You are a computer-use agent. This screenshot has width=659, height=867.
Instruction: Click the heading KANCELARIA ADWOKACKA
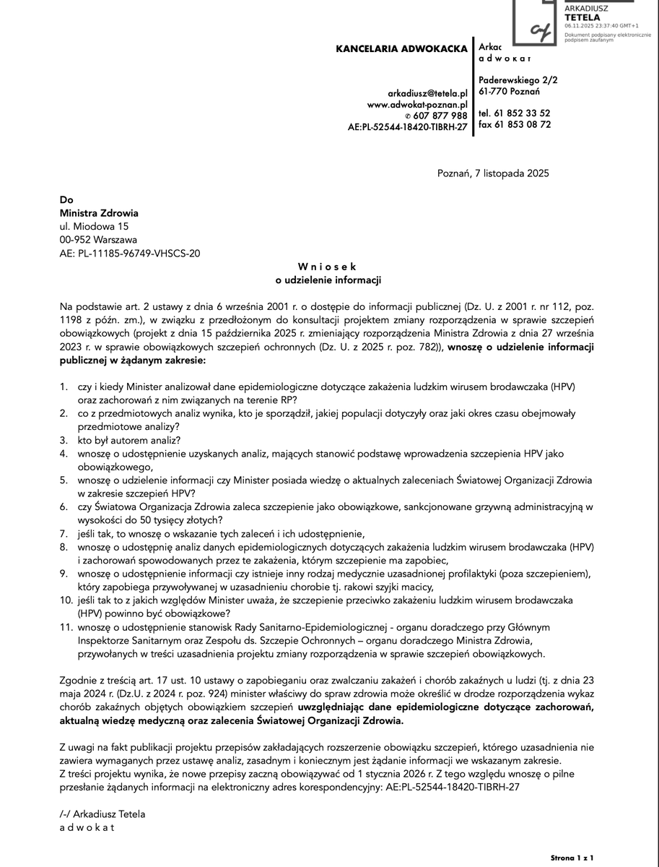[402, 49]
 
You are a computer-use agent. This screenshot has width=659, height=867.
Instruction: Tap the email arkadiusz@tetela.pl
[427, 93]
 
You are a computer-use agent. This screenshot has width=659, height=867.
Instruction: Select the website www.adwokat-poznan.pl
[417, 104]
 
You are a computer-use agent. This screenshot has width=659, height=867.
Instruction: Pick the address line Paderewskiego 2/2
[518, 79]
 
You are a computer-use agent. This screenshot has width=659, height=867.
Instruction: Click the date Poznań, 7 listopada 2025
[493, 173]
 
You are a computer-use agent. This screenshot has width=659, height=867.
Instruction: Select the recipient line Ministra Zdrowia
[98, 213]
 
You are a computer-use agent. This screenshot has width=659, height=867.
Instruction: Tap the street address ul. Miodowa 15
[94, 226]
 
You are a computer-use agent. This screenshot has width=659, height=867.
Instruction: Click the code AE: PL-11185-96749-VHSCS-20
[130, 253]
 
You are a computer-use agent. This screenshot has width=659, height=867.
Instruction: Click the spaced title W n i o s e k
[327, 267]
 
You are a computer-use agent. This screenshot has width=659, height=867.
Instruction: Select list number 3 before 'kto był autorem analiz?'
[64, 440]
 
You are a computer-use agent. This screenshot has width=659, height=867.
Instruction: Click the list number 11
[66, 627]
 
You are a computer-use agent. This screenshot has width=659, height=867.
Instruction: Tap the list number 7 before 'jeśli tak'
[64, 533]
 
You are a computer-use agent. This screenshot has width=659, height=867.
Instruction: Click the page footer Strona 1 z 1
[572, 858]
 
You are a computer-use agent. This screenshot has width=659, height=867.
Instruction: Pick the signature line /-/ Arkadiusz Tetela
[102, 814]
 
